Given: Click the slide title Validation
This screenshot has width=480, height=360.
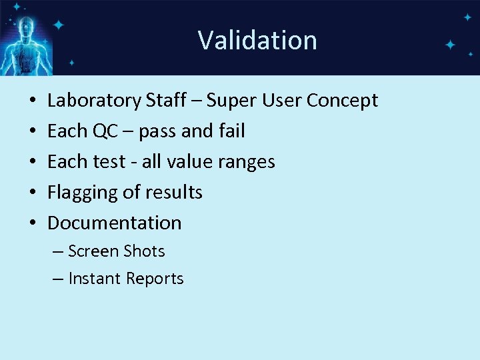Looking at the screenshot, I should point(257,40).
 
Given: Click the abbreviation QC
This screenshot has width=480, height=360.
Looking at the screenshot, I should point(105,131).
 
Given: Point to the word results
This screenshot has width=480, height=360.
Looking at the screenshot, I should point(173,193).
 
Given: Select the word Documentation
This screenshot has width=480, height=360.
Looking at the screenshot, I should point(114,223).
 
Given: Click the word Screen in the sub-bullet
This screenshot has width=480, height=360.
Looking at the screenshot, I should point(92,251).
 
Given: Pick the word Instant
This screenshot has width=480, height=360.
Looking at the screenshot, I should point(93,279).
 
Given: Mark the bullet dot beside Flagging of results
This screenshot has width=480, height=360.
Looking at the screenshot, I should point(33,193).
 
